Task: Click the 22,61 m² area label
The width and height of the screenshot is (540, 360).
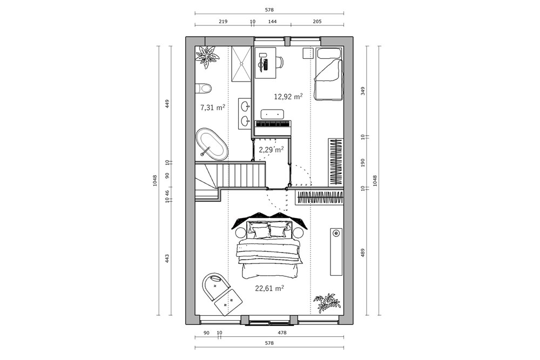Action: point(269,288)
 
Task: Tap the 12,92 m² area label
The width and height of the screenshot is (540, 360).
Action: point(288,97)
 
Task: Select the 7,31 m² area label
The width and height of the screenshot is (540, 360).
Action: point(213,107)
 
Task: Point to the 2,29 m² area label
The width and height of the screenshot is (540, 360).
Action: point(272,150)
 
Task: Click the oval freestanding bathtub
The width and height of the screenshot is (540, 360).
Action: point(212,144)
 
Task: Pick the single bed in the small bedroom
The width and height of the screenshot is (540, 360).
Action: point(329,74)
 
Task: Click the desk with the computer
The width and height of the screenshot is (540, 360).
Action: point(266,63)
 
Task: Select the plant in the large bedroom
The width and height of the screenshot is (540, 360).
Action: point(326,303)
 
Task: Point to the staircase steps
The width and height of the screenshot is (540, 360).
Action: point(230,176)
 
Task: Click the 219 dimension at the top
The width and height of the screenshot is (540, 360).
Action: point(223,22)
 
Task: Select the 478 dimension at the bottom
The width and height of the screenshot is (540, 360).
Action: point(282,333)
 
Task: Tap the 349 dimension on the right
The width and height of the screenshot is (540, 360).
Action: point(363,91)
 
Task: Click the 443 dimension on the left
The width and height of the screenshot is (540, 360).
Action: point(167,259)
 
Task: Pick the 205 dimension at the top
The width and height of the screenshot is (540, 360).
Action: point(317,22)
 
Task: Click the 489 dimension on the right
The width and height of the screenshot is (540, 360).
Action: point(363,253)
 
